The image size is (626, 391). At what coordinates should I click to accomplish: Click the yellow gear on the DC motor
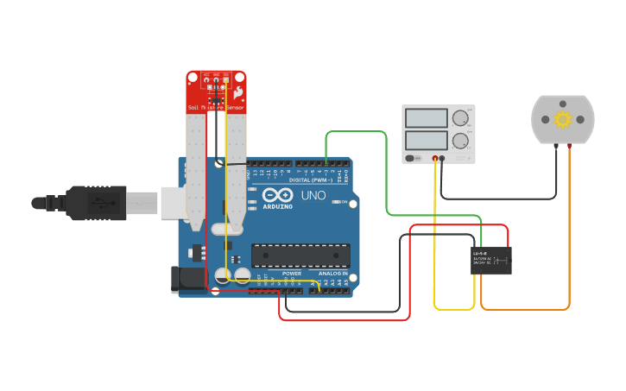pyautogui.click(x=563, y=119)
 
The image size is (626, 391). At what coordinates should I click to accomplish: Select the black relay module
pyautogui.click(x=490, y=260)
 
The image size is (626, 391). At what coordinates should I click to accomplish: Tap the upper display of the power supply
pyautogui.click(x=426, y=118)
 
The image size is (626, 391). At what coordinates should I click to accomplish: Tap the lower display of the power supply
pyautogui.click(x=426, y=139)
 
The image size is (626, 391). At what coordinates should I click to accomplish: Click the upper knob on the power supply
pyautogui.click(x=460, y=117)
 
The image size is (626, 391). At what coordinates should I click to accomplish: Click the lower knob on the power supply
pyautogui.click(x=460, y=140)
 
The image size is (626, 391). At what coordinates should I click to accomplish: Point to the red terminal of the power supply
pyautogui.click(x=434, y=158)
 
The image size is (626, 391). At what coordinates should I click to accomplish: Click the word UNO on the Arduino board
pyautogui.click(x=313, y=195)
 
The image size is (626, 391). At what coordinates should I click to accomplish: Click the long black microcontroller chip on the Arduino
pyautogui.click(x=300, y=255)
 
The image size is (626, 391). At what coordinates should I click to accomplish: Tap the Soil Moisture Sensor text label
pyautogui.click(x=216, y=108)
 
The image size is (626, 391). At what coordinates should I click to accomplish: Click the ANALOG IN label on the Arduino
pyautogui.click(x=332, y=274)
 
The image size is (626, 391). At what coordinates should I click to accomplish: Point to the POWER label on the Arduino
pyautogui.click(x=291, y=274)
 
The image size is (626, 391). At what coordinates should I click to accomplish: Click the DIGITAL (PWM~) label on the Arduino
pyautogui.click(x=311, y=180)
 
